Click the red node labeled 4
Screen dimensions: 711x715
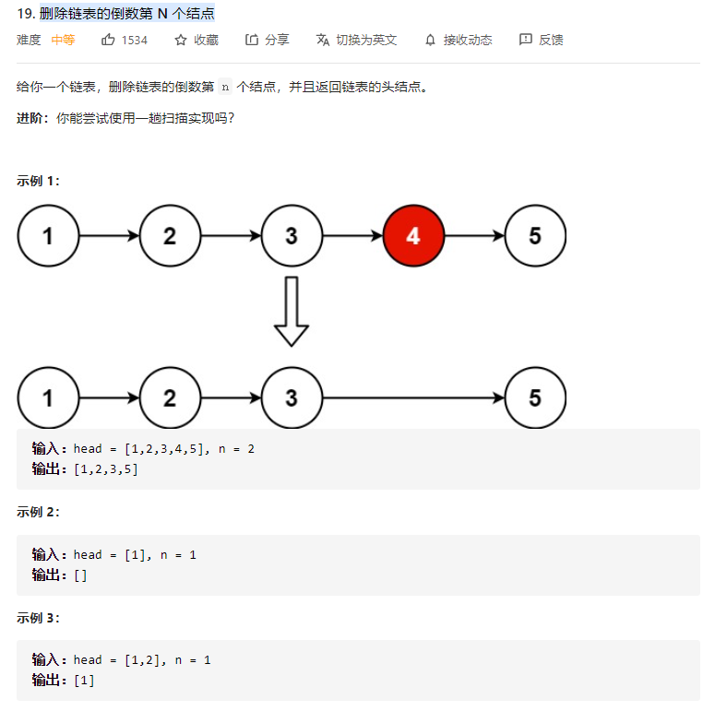tap(413, 235)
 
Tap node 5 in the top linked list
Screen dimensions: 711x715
tap(535, 235)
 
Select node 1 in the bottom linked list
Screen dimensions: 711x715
tap(48, 397)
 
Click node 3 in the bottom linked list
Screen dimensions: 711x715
tap(292, 397)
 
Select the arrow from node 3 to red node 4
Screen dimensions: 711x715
tap(352, 235)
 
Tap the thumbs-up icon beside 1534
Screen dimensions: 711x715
tap(109, 40)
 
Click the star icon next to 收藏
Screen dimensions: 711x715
tap(181, 40)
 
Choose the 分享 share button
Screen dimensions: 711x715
tap(268, 40)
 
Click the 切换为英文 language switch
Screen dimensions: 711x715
tap(356, 40)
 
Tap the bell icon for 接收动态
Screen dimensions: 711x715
tap(430, 40)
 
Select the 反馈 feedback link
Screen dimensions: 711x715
tap(542, 40)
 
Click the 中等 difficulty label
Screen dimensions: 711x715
tap(63, 40)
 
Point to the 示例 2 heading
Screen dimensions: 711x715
tap(38, 512)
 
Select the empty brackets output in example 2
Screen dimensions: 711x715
tap(80, 575)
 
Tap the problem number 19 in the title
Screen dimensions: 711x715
tap(25, 14)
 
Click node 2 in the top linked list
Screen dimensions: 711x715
tap(170, 235)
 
